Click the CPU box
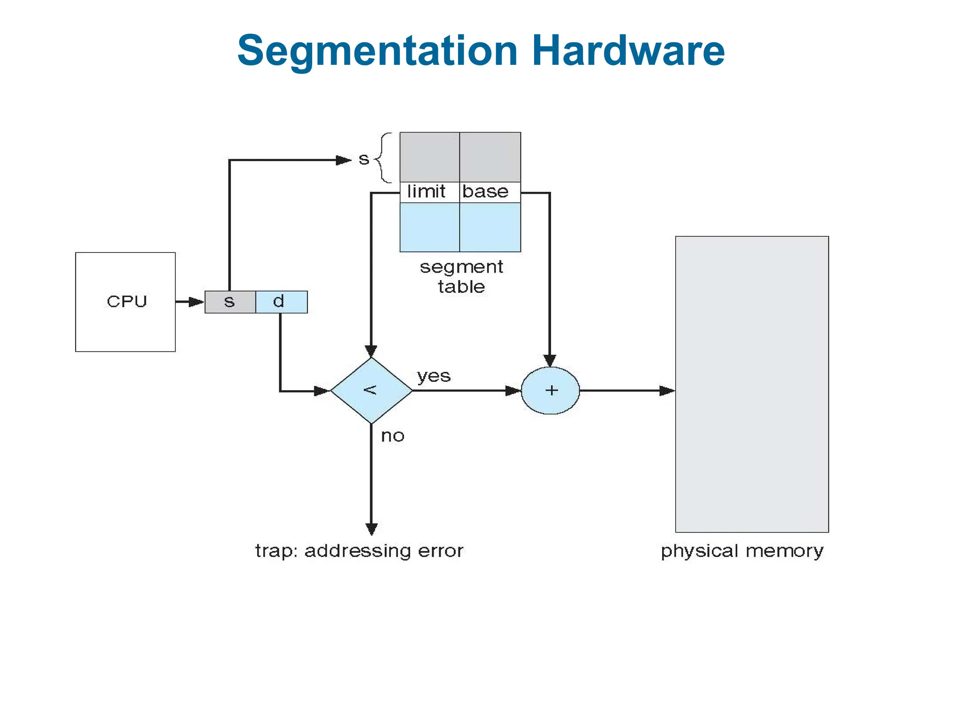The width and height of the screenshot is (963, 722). point(125,302)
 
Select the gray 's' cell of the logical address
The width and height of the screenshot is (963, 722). point(230,302)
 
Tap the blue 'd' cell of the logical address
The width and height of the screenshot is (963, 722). point(281,302)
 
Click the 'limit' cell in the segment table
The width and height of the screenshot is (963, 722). point(428,192)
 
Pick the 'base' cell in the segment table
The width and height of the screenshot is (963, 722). point(489,192)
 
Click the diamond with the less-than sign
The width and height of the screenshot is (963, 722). point(371,390)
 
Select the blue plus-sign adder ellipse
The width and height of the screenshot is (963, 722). point(550,390)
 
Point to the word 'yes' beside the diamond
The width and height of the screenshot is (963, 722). point(434,376)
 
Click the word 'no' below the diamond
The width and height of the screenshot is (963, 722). point(393,436)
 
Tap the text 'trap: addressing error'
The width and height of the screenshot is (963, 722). point(359,550)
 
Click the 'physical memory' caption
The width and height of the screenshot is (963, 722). point(742,551)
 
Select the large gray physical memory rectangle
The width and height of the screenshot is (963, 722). point(751,384)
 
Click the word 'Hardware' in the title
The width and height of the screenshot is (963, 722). point(628,50)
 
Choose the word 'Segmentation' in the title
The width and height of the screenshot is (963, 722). point(377,51)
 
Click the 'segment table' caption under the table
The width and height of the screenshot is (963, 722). point(461,276)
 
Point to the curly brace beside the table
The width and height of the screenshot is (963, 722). point(384,157)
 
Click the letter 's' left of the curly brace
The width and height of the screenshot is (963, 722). point(363,159)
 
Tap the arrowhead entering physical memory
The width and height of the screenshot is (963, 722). point(667,391)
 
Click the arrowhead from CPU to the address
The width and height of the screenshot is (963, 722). point(196,302)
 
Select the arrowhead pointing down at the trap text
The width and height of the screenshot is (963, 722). point(371,529)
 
